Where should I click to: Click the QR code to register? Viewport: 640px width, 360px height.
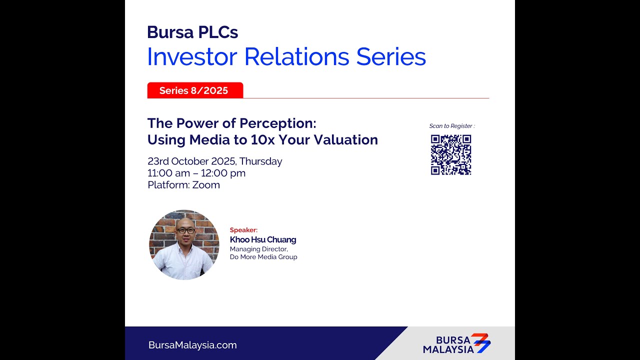[451, 155]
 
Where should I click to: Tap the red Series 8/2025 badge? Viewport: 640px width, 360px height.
[194, 90]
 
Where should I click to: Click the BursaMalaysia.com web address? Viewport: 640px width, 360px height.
[192, 345]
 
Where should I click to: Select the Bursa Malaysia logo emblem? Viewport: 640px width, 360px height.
[481, 343]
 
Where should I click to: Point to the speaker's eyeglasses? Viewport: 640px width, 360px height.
[185, 230]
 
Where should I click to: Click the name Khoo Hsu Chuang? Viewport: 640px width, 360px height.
[263, 240]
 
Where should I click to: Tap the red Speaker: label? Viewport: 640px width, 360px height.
[243, 230]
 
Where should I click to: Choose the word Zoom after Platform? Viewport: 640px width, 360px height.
[206, 185]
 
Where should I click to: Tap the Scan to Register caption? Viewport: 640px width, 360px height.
[452, 126]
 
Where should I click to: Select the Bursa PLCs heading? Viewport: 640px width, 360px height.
[192, 32]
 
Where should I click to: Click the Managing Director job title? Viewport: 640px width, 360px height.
[258, 249]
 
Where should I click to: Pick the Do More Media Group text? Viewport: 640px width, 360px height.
[263, 257]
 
